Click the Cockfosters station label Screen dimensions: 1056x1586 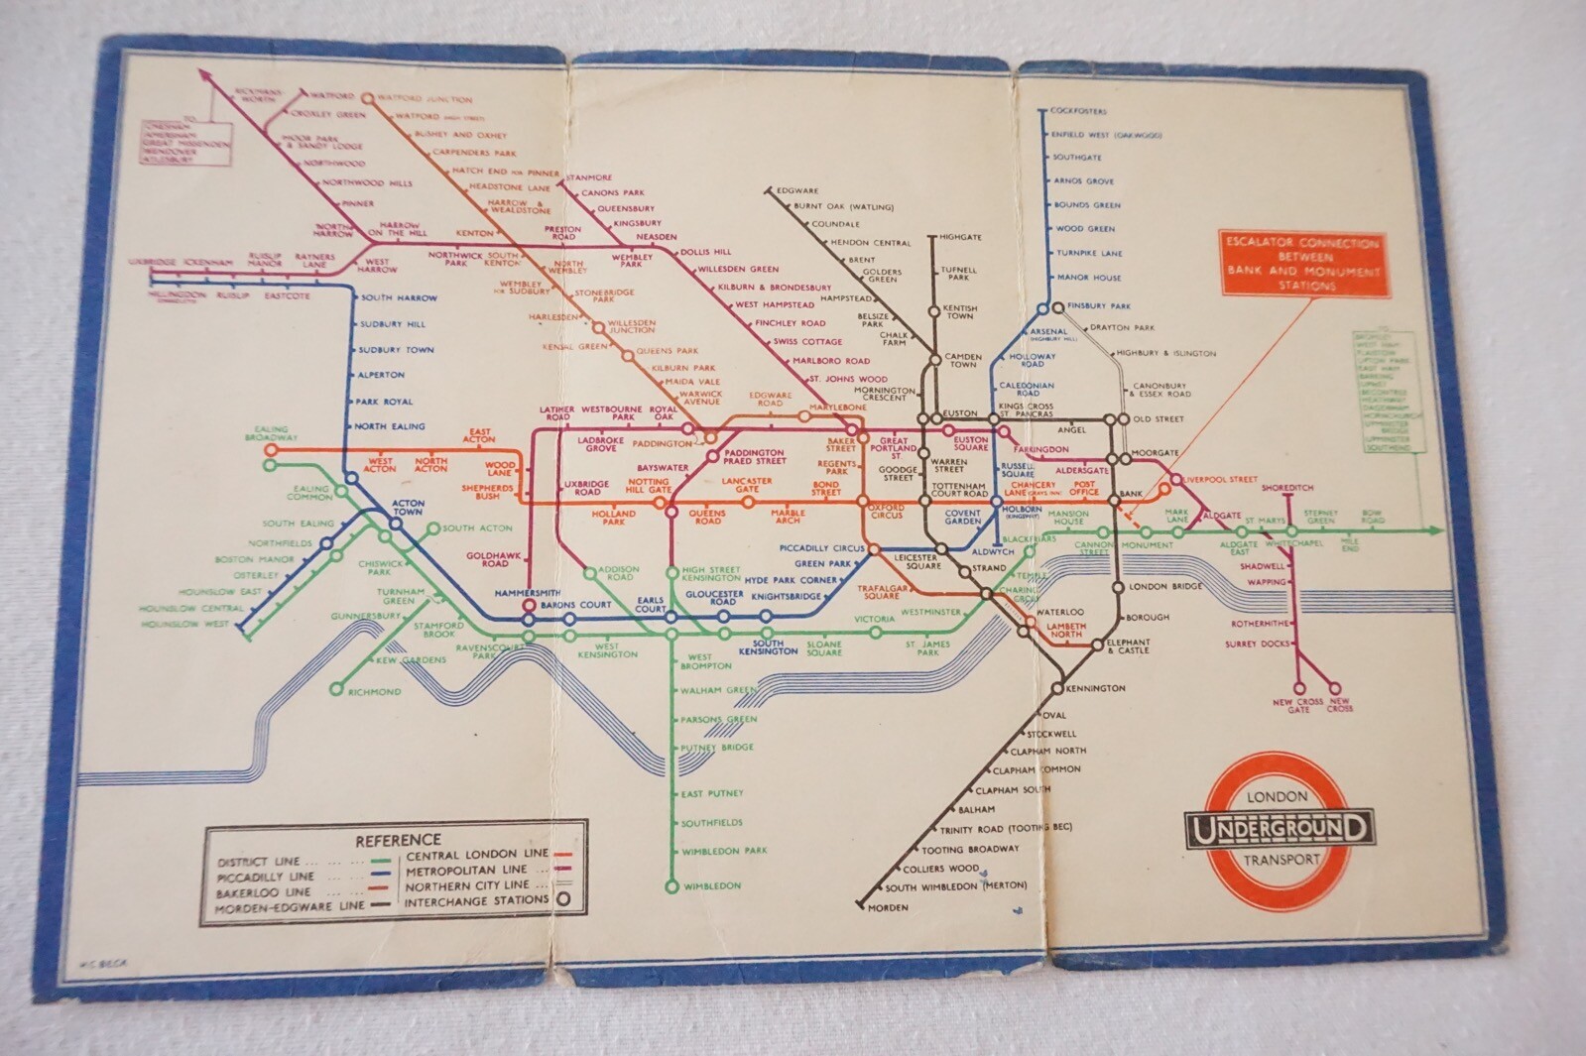(1078, 111)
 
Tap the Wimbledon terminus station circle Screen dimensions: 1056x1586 (671, 886)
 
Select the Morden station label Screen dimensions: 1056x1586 (888, 908)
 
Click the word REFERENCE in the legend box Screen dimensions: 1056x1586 (398, 840)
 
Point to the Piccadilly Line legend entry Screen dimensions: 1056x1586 (266, 877)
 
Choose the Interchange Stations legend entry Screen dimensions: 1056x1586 (476, 901)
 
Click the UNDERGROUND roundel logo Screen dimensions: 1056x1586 (1279, 829)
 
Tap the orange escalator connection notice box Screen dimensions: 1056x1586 (1302, 264)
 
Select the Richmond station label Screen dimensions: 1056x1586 (374, 692)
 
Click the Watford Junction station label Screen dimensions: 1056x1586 (426, 99)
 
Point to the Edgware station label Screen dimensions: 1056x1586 (797, 190)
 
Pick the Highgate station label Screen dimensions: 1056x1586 (960, 238)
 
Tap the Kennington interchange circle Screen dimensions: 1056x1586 (1057, 688)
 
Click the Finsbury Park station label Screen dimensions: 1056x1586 (1099, 306)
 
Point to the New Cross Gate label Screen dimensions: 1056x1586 (1297, 706)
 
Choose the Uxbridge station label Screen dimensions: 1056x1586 (153, 263)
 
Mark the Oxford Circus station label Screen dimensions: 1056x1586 (886, 513)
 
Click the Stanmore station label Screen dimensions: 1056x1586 (589, 177)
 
